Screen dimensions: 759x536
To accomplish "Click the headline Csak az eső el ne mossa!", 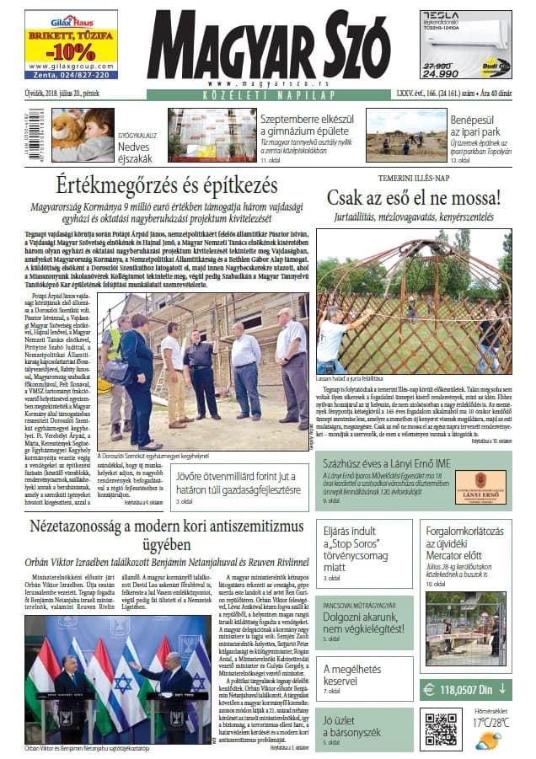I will pyautogui.click(x=414, y=199).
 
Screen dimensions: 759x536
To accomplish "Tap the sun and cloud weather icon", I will pyautogui.click(x=487, y=740).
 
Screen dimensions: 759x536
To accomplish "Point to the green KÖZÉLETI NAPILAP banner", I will pyautogui.click(x=267, y=95).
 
